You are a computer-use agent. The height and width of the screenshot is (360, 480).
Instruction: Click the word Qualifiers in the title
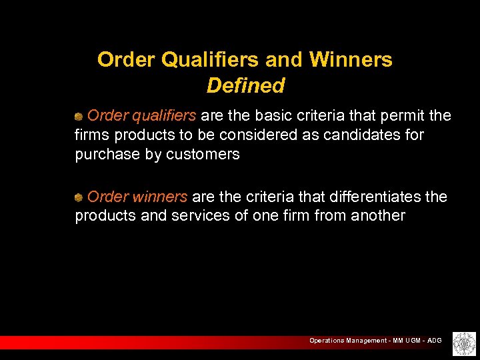point(212,60)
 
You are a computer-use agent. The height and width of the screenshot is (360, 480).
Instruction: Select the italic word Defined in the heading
point(245,85)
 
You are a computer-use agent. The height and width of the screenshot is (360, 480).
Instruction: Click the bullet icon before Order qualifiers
point(79,116)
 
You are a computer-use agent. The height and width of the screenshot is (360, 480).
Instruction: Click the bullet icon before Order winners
point(79,197)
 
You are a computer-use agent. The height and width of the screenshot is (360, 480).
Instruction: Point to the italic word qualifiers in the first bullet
point(164,115)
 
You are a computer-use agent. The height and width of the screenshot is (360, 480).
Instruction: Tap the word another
point(377,215)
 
